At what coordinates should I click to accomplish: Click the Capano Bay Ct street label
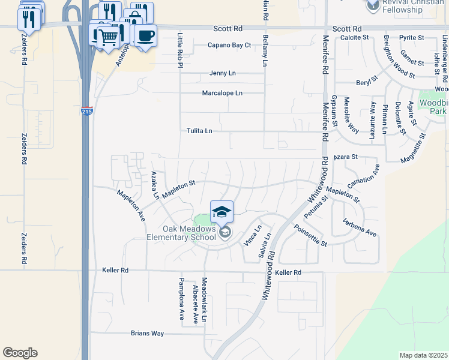click(229, 45)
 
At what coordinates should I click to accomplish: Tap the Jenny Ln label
click(223, 73)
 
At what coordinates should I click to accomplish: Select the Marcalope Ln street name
click(222, 93)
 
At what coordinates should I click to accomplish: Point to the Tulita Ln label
click(199, 131)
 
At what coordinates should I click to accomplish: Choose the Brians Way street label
click(147, 333)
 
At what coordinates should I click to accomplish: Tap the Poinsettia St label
click(310, 236)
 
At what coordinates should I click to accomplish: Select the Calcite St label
click(354, 37)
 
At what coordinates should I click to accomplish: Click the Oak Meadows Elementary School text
click(181, 232)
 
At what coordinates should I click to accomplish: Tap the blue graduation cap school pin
click(221, 211)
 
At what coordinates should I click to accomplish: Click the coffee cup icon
click(145, 35)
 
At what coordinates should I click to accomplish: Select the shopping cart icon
click(108, 37)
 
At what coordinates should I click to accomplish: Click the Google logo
click(20, 353)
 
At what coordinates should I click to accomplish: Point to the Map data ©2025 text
click(423, 355)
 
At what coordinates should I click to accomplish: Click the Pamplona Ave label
click(181, 300)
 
